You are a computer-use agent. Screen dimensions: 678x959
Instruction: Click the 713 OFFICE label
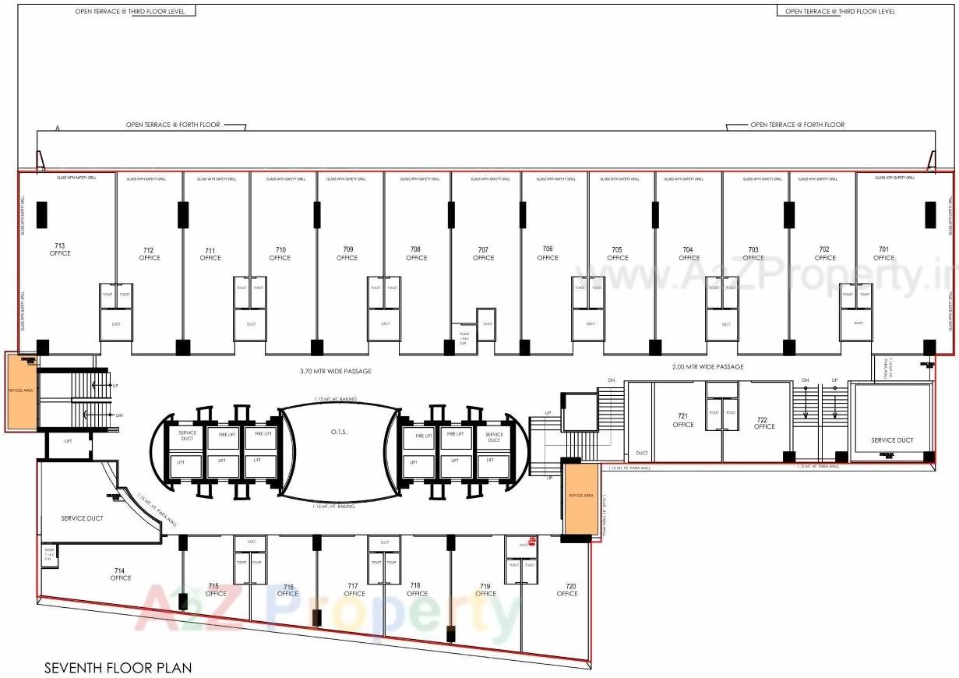click(x=60, y=249)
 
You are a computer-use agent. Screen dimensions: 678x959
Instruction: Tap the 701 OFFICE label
click(x=883, y=254)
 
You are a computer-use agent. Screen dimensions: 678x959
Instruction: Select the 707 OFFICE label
click(x=483, y=254)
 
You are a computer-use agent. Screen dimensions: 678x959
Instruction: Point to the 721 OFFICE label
click(x=683, y=421)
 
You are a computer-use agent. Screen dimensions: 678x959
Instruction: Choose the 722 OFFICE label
click(x=764, y=423)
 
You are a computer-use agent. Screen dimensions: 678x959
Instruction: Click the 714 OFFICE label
click(x=121, y=574)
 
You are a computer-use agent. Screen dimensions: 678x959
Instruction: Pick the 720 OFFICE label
click(x=567, y=590)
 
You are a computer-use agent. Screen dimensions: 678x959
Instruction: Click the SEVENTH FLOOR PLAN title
click(x=118, y=668)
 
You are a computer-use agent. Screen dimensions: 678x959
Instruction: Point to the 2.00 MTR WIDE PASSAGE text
click(x=707, y=366)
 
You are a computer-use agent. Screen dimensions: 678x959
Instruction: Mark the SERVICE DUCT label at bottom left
click(x=83, y=518)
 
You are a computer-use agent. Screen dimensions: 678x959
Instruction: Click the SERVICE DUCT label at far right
click(x=892, y=440)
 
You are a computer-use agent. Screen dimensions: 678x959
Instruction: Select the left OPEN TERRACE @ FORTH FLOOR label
click(x=173, y=125)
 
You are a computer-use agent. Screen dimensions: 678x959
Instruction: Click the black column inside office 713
click(x=42, y=214)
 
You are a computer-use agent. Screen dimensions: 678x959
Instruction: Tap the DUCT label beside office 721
click(x=641, y=453)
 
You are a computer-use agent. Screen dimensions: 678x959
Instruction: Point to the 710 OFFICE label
click(x=280, y=254)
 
